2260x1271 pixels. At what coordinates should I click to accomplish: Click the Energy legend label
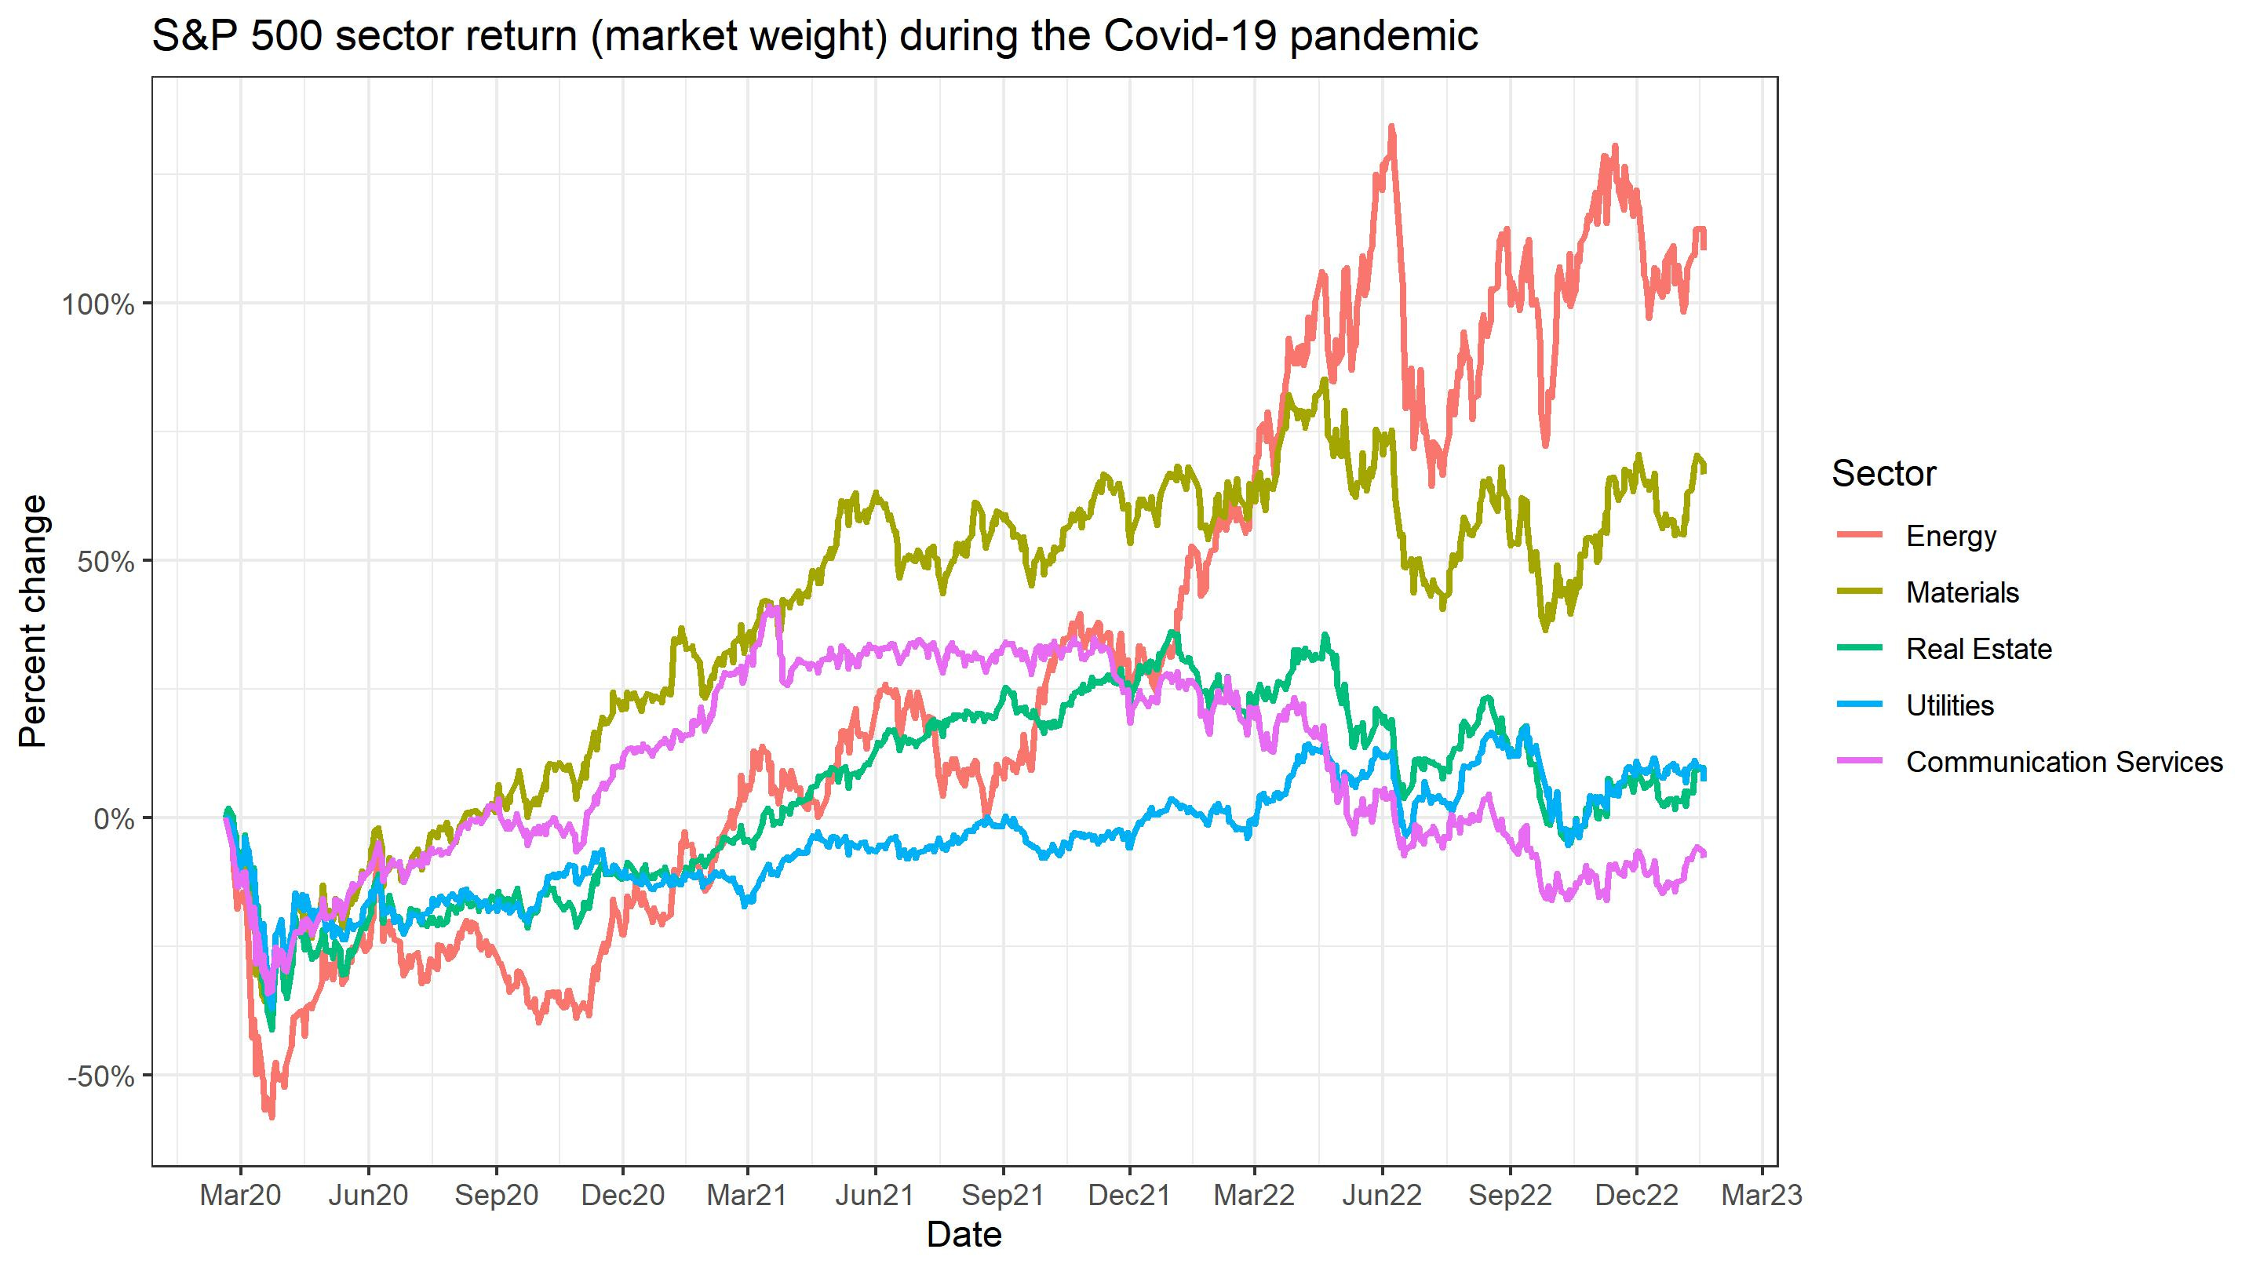tap(1950, 536)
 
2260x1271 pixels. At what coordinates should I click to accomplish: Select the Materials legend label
tap(1962, 593)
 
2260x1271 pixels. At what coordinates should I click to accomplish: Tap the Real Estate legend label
tap(1978, 649)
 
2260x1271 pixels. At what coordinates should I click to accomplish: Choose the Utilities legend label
tap(1949, 705)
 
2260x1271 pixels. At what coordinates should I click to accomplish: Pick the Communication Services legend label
tap(2064, 763)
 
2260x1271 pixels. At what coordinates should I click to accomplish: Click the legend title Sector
tap(1883, 474)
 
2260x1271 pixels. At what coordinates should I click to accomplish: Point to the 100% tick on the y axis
tap(97, 305)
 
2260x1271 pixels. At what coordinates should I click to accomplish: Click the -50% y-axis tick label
tap(102, 1077)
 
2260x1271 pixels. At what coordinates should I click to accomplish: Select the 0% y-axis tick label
tap(114, 820)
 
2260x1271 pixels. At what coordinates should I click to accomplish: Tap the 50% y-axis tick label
tap(106, 563)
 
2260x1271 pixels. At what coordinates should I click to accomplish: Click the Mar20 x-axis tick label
tap(239, 1195)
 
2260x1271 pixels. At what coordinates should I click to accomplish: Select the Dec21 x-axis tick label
tap(1128, 1195)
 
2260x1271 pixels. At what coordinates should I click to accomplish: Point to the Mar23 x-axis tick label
tap(1761, 1195)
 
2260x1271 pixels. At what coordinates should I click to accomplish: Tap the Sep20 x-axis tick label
tap(496, 1195)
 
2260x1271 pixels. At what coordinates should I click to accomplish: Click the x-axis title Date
tap(964, 1235)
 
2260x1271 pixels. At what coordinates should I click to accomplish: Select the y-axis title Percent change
tap(32, 621)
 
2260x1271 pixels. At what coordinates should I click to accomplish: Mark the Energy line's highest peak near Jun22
tap(1391, 127)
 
